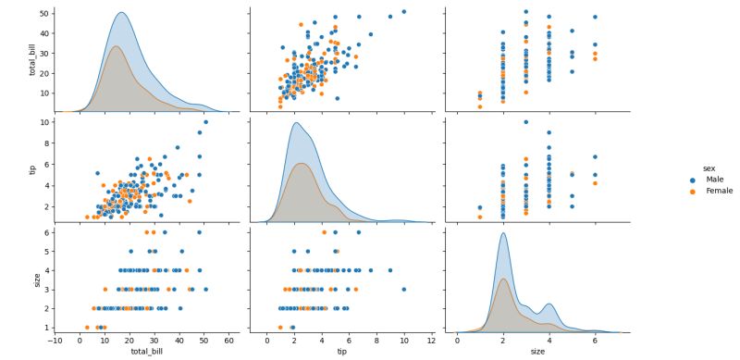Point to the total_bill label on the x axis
point(142,353)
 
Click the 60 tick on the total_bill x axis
point(229,341)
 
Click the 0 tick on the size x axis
point(457,341)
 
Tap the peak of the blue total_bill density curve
point(121,13)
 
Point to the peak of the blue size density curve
point(503,233)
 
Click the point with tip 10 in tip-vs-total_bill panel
point(205,122)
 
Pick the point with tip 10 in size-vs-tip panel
point(404,289)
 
